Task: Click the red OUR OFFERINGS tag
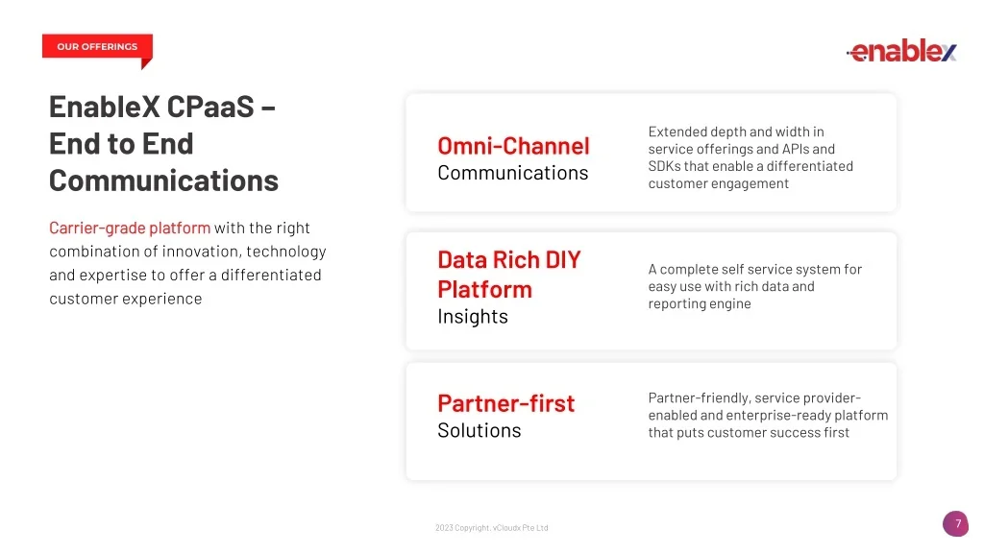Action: pyautogui.click(x=97, y=47)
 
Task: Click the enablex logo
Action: pyautogui.click(x=901, y=50)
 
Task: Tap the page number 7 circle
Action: pyautogui.click(x=956, y=524)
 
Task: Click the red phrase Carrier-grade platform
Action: pyautogui.click(x=130, y=228)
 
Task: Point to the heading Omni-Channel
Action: pyautogui.click(x=513, y=146)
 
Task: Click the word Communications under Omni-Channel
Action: pyautogui.click(x=513, y=173)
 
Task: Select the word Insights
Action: pyautogui.click(x=473, y=317)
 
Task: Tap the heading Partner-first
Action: pyautogui.click(x=505, y=404)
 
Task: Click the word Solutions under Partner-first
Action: pyautogui.click(x=479, y=431)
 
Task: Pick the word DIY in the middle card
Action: pyautogui.click(x=563, y=259)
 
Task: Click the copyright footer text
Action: pyautogui.click(x=491, y=528)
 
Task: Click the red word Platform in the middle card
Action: pyautogui.click(x=484, y=290)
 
